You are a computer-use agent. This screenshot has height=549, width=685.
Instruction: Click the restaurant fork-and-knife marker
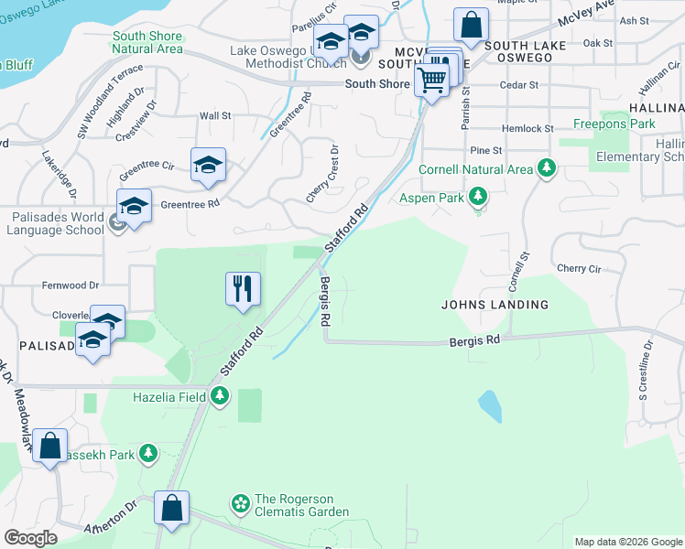pos(243,289)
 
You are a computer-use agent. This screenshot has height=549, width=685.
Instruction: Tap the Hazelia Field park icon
pos(220,396)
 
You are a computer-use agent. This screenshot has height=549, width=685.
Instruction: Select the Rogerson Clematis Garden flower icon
pos(240,502)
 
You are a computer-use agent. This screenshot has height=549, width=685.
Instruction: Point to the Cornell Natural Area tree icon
pos(547,168)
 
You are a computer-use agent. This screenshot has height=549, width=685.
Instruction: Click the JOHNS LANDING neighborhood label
pos(495,305)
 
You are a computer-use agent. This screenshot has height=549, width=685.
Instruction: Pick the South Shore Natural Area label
pos(147,42)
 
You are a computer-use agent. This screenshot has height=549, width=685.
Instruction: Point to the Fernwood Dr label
pos(70,286)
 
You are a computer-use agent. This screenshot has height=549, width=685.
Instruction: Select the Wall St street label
pos(214,116)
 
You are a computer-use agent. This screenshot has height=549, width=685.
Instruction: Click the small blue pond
pos(490,405)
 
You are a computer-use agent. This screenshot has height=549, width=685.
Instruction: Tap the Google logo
pos(30,538)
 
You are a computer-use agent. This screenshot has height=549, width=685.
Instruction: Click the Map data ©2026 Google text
pos(627,542)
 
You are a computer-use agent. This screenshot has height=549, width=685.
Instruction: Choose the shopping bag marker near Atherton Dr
pos(171,508)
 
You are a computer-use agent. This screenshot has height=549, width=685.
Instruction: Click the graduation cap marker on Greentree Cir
pos(208,165)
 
